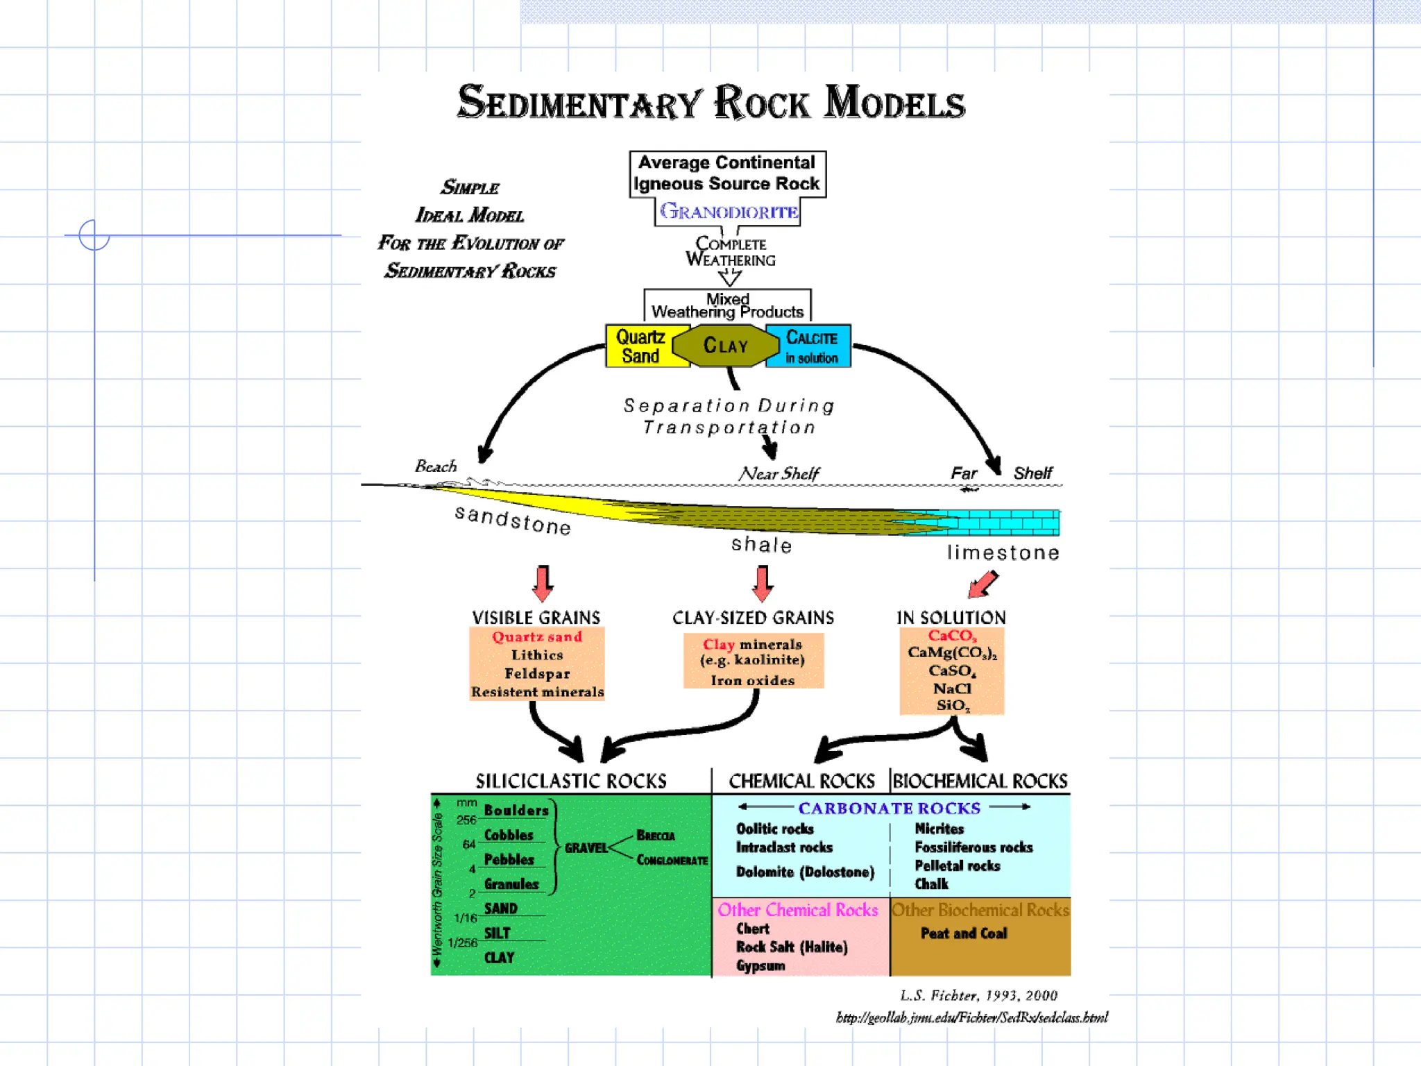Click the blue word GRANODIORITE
click(x=729, y=212)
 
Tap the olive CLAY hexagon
click(x=726, y=346)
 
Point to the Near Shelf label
click(x=778, y=474)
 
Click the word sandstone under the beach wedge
click(x=513, y=521)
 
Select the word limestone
click(x=1003, y=553)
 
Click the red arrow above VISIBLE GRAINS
click(x=543, y=583)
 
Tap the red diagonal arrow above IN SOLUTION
click(x=982, y=584)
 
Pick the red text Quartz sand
click(x=537, y=637)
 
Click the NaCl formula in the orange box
click(x=952, y=688)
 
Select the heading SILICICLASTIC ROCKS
click(x=570, y=781)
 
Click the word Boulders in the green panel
click(x=516, y=811)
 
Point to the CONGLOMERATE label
click(x=672, y=861)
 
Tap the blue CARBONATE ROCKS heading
click(x=889, y=809)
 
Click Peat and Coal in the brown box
click(x=964, y=933)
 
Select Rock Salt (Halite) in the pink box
click(x=792, y=947)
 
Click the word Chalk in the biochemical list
click(x=931, y=884)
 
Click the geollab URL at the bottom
click(x=971, y=1017)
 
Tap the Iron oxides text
click(x=753, y=681)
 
